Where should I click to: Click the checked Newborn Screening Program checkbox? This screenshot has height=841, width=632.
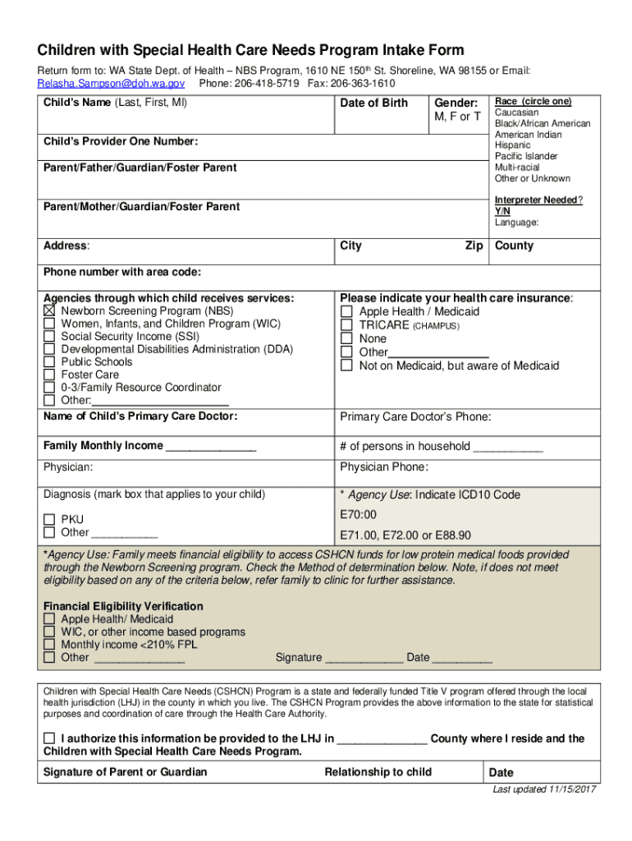tap(49, 311)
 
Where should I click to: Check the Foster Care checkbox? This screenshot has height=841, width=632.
tap(49, 375)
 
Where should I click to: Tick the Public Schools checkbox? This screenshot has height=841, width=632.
tap(49, 362)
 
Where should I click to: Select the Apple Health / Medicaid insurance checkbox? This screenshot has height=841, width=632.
tap(346, 312)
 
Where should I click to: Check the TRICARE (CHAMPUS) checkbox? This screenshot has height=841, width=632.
tap(346, 325)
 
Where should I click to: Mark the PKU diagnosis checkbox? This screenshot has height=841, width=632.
tap(49, 520)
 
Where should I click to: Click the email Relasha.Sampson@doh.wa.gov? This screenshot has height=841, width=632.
tap(111, 84)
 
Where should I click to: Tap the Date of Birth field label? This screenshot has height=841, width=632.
tap(373, 103)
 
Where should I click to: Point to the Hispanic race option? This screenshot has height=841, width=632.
tap(514, 145)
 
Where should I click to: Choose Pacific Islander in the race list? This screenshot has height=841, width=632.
tap(526, 156)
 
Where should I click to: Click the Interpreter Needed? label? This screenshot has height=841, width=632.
tap(538, 200)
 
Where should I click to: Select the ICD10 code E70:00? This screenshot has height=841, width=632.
tap(358, 515)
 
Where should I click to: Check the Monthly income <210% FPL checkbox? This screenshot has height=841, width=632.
tap(49, 645)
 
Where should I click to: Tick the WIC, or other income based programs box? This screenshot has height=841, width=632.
tap(49, 632)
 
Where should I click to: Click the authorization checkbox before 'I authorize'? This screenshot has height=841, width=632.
tap(49, 738)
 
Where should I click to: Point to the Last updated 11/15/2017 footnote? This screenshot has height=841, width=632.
tap(544, 790)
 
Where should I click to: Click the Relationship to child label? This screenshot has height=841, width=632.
tap(378, 772)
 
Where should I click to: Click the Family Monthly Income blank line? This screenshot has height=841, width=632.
tap(211, 448)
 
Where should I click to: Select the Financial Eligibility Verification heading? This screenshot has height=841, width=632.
tap(123, 606)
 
